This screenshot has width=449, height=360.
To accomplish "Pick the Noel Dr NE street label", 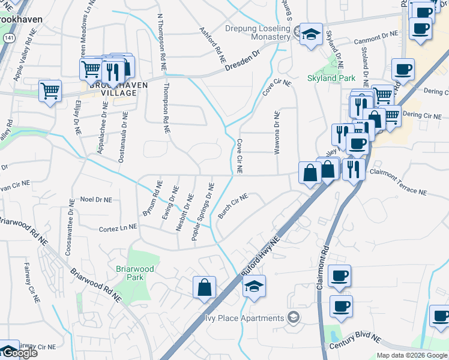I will click(96, 199).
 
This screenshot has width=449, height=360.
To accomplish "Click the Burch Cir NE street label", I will click(234, 206).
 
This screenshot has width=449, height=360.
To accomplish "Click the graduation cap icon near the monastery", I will click(312, 34).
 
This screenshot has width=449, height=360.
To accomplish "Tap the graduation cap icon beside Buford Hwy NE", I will click(254, 287).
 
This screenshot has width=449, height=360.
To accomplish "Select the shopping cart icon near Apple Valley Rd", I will click(50, 91).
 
